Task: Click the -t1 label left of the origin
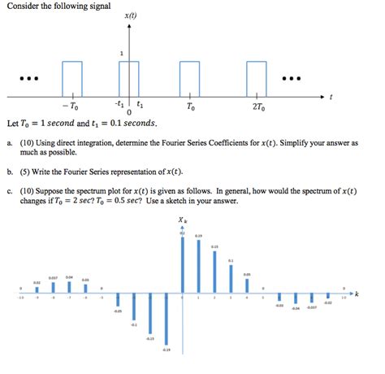click(119, 103)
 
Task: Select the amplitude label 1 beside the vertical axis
click(122, 54)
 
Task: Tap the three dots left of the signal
click(28, 79)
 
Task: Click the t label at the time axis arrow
click(331, 97)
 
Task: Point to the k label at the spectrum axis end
click(357, 291)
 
